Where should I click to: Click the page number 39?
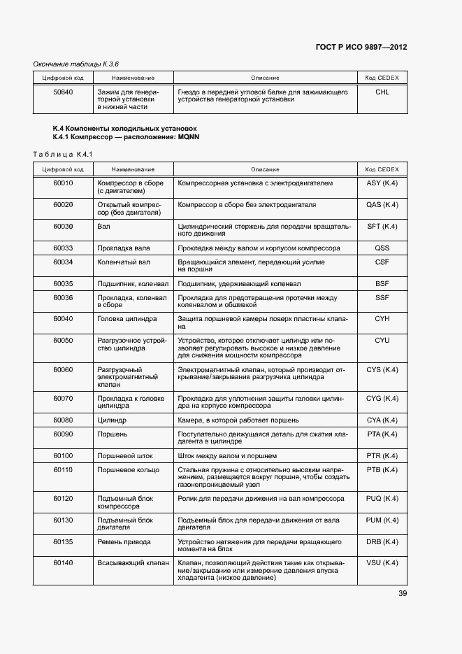point(403,594)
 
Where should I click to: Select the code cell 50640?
point(64,92)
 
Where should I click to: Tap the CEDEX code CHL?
point(382,92)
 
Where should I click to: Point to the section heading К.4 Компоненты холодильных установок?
point(125,128)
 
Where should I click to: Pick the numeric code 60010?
point(63,183)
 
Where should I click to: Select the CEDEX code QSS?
point(382,248)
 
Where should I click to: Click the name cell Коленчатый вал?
point(124,262)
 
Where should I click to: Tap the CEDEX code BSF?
point(382,284)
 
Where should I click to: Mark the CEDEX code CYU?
point(382,340)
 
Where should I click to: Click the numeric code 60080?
point(63,420)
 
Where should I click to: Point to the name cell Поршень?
point(112,434)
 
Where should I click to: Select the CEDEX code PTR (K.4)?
point(382,456)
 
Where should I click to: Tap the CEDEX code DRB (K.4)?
point(382,541)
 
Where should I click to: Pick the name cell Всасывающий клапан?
point(133,563)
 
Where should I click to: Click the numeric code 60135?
point(63,541)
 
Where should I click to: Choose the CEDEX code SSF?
point(382,298)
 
